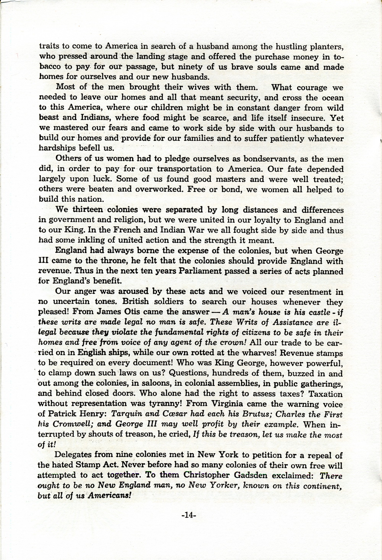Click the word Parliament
coord(179,271)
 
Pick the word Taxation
coord(325,394)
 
